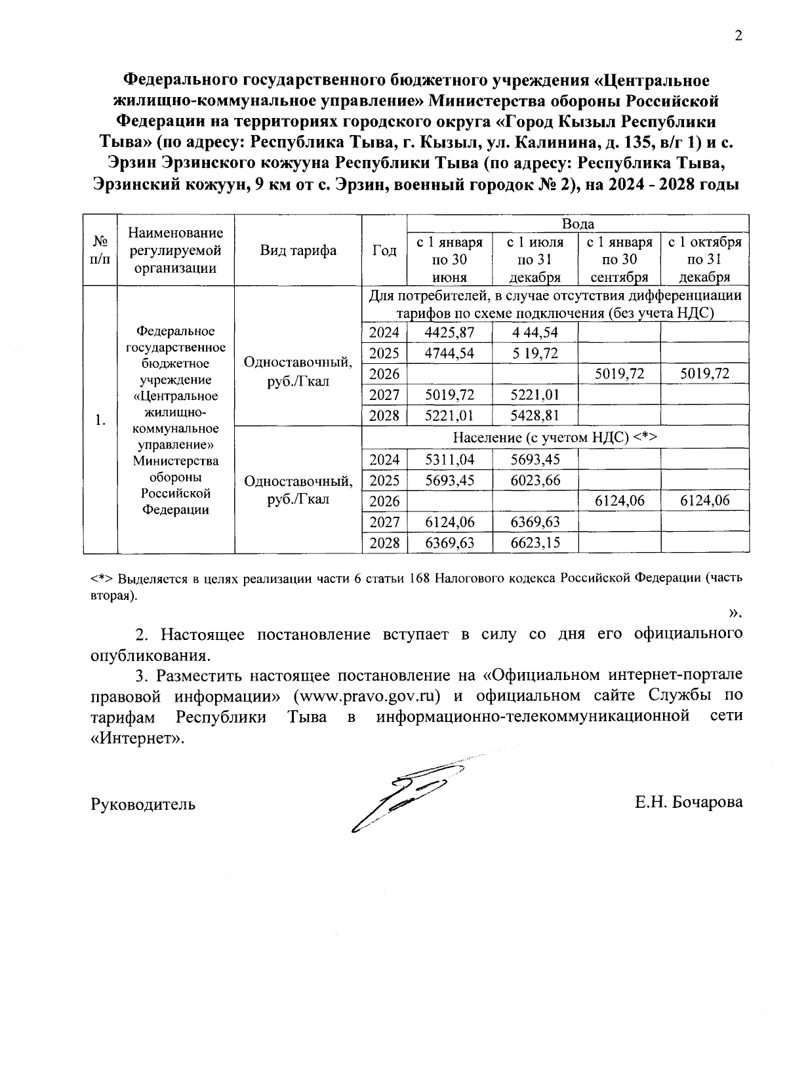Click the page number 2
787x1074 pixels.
[738, 37]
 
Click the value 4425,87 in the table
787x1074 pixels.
[449, 332]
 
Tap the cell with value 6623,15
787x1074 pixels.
[535, 543]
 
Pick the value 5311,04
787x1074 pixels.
[449, 460]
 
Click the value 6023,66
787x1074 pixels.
[535, 481]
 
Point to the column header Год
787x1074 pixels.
[384, 250]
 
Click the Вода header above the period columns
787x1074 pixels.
[578, 224]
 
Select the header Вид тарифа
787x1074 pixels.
[298, 250]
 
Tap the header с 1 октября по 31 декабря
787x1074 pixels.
[704, 260]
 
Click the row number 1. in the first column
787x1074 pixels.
[100, 420]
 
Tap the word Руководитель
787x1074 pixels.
[143, 804]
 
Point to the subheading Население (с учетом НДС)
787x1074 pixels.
[555, 438]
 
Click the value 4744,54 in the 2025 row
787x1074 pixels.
[449, 353]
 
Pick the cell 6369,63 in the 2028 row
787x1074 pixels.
[449, 543]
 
